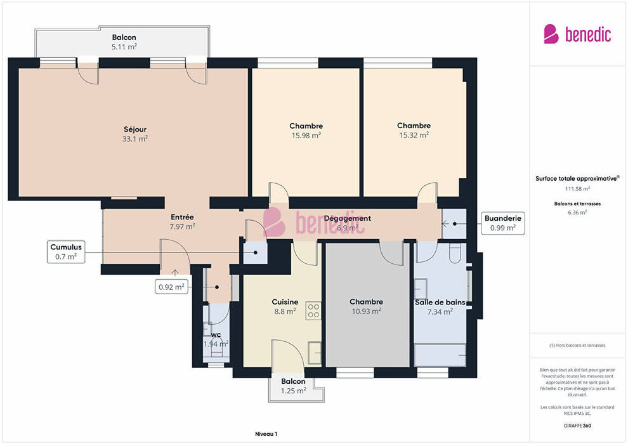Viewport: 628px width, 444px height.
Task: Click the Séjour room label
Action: pyautogui.click(x=135, y=129)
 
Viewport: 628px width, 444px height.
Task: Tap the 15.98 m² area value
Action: pyautogui.click(x=306, y=135)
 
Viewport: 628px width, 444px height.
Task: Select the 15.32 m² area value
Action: pyautogui.click(x=414, y=135)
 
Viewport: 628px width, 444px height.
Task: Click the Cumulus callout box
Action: pyautogui.click(x=66, y=252)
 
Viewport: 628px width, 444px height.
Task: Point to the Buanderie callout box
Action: pyautogui.click(x=502, y=223)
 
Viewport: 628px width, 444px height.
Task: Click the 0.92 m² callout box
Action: pyautogui.click(x=171, y=287)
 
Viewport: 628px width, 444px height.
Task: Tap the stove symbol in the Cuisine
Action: pyautogui.click(x=313, y=311)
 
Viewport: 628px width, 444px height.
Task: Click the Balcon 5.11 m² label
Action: pyautogui.click(x=124, y=42)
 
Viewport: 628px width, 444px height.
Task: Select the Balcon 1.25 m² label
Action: pyautogui.click(x=293, y=386)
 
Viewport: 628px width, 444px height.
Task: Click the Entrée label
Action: pyautogui.click(x=182, y=217)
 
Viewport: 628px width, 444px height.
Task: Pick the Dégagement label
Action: pyautogui.click(x=347, y=218)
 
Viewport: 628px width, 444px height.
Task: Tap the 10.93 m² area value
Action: pyautogui.click(x=366, y=311)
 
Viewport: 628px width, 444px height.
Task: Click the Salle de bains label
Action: pyautogui.click(x=440, y=303)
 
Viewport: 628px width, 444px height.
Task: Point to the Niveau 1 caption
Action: pyautogui.click(x=266, y=434)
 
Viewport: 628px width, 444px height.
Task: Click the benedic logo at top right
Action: pyautogui.click(x=577, y=34)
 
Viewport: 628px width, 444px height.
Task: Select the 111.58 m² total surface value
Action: pyautogui.click(x=577, y=188)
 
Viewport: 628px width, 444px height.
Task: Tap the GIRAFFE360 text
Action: pyautogui.click(x=577, y=426)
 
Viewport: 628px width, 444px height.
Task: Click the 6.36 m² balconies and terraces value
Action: pyautogui.click(x=577, y=212)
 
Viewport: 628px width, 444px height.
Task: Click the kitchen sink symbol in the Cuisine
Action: pyautogui.click(x=315, y=353)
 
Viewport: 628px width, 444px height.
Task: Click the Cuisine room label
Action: pyautogui.click(x=285, y=302)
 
